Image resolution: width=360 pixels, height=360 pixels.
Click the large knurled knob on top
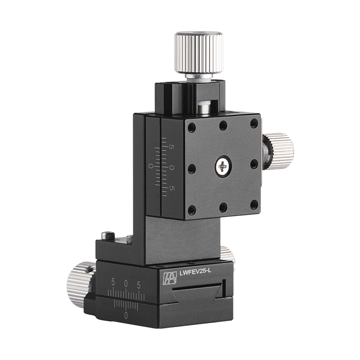pyautogui.click(x=199, y=52)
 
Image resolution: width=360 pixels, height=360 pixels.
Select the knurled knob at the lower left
pyautogui.click(x=80, y=284)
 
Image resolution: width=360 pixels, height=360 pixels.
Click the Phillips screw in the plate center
pyautogui.click(x=223, y=166)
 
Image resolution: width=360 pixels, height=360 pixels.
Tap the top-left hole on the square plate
pyautogui.click(x=192, y=128)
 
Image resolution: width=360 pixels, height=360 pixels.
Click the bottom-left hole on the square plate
pyautogui.click(x=192, y=210)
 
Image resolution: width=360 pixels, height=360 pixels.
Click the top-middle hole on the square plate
pyautogui.click(x=223, y=126)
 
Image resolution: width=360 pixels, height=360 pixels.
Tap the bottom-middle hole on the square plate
pyautogui.click(x=223, y=207)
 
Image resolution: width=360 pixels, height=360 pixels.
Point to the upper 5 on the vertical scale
pyautogui.click(x=171, y=147)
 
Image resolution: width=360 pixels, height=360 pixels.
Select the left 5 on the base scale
pyautogui.click(x=113, y=284)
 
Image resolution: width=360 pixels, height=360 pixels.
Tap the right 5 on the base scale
pyautogui.click(x=139, y=284)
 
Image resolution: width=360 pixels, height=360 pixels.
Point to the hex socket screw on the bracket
pyautogui.click(x=106, y=235)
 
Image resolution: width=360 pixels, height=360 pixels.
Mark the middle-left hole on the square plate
pyautogui.click(x=192, y=169)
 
